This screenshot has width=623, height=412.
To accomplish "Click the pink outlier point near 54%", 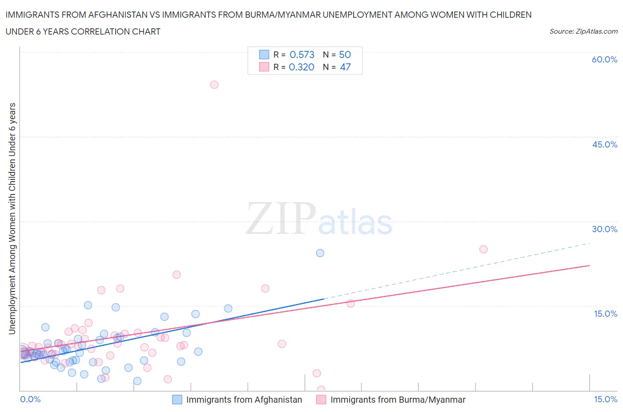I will [214, 85].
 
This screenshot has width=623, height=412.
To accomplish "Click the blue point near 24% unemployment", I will [320, 253].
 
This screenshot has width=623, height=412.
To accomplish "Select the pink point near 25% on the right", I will [483, 249].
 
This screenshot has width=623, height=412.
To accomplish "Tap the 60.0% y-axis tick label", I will [604, 59].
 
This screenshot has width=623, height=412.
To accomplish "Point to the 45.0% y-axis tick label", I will [604, 144].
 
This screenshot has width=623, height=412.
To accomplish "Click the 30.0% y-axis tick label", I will [604, 229].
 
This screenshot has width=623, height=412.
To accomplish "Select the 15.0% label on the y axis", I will [605, 314].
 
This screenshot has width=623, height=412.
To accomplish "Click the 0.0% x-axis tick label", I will [31, 399].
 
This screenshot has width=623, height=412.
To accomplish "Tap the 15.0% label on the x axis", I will [605, 399].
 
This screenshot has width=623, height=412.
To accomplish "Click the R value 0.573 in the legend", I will [302, 54].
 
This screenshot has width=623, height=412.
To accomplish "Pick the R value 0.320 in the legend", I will [301, 67].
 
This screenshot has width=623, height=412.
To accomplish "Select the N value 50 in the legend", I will [345, 54].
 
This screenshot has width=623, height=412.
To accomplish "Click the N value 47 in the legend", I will [345, 67].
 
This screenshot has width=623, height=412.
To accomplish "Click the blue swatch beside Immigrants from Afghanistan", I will [177, 400].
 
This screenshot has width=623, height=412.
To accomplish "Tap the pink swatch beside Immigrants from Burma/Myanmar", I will [321, 400].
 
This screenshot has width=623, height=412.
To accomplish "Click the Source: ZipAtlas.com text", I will [583, 31].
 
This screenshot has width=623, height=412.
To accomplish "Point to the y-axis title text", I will [12, 218].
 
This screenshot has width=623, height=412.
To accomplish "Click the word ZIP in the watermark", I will [281, 218].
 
